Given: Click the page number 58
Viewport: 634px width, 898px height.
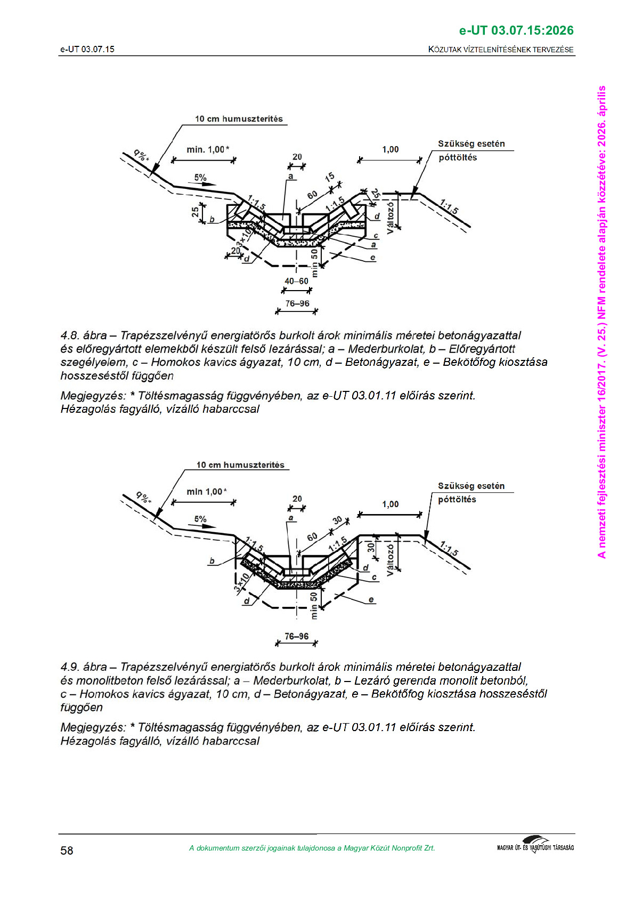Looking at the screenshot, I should pos(67,850).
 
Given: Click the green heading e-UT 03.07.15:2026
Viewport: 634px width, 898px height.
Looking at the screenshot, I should pos(516,30).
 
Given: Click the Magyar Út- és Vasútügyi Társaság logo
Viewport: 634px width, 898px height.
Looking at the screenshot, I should pos(535,846).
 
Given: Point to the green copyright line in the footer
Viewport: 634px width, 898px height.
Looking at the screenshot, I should pos(312,848).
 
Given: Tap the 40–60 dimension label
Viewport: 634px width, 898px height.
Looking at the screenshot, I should pos(296,281).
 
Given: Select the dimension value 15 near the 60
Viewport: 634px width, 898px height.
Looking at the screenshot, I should pos(330,178).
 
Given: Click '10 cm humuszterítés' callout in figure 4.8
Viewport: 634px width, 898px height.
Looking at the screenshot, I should pos(239,119).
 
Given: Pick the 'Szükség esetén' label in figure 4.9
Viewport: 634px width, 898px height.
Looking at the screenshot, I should pos(471,486).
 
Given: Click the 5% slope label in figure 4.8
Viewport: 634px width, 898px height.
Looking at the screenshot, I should pos(200,178).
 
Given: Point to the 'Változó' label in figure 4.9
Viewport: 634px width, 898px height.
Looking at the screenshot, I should pos(391,559).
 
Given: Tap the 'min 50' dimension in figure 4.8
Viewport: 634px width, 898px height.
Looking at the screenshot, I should pos(314,262).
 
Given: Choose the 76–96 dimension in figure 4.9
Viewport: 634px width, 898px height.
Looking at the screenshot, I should pos(296,636).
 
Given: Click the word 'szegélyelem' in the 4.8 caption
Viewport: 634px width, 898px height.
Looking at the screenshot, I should pos(94,362).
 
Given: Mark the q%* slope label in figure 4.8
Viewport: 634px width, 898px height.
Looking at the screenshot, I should pos(142,155).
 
